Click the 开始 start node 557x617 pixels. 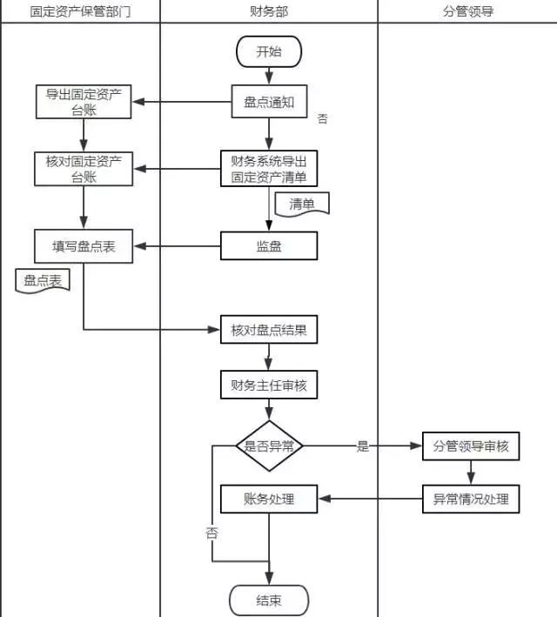[269, 52]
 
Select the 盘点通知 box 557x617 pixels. [269, 102]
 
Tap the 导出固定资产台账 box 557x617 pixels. [84, 102]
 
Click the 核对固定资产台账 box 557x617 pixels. [84, 168]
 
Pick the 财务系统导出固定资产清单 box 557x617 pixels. [269, 168]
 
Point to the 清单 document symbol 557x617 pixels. [302, 205]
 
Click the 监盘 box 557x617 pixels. [269, 246]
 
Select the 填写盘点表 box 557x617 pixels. [84, 246]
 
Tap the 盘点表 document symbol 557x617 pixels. [43, 281]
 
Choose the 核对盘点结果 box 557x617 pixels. [269, 331]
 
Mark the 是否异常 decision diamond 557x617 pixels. [269, 446]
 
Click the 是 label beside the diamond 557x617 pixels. [363, 447]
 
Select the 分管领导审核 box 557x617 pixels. [470, 446]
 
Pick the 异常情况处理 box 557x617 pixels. [470, 500]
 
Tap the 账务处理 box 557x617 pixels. [269, 500]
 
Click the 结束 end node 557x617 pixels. [269, 600]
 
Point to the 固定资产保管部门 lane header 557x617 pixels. [80, 11]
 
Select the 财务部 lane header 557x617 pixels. [269, 11]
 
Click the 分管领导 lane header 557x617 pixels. [467, 11]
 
